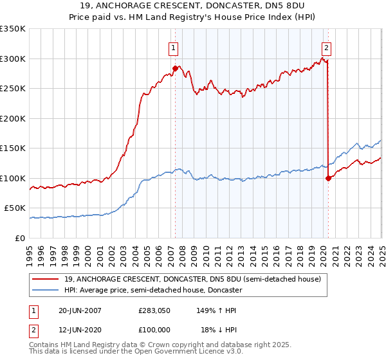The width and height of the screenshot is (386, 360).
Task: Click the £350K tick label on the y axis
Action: [12, 29]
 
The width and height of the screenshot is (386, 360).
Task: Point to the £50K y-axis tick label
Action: [14, 208]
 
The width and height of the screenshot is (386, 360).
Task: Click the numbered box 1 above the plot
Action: [174, 47]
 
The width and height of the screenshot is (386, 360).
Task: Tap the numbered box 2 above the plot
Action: [327, 47]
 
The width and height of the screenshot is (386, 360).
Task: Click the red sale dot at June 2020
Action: [328, 178]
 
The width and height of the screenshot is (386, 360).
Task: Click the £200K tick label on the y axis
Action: [12, 118]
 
